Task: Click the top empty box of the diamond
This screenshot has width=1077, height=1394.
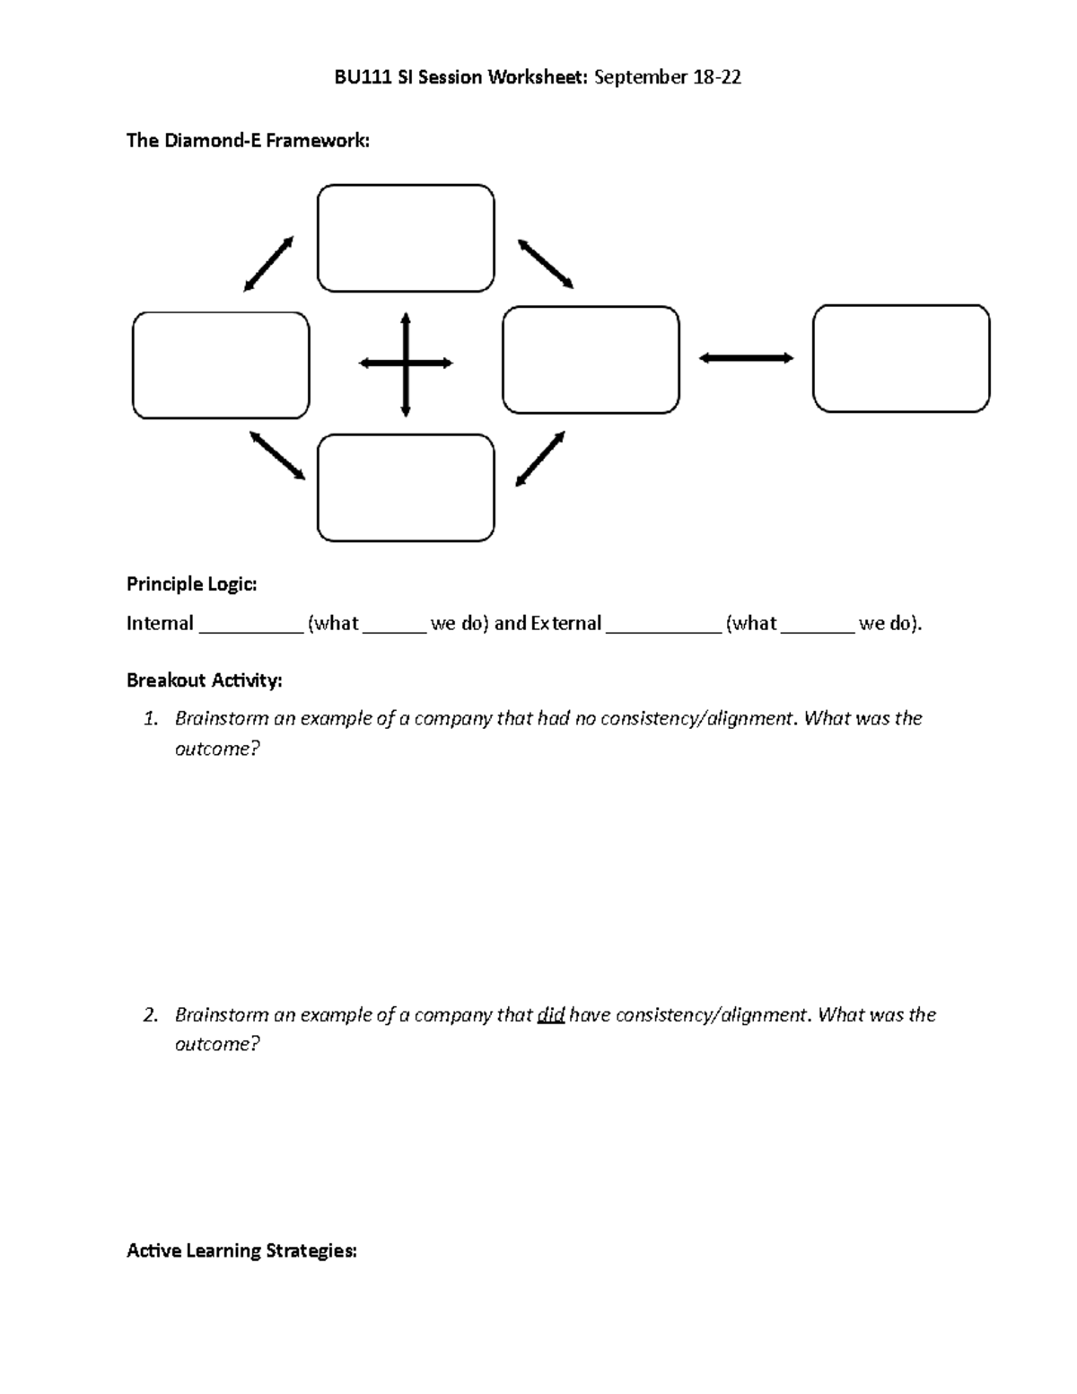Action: tap(406, 238)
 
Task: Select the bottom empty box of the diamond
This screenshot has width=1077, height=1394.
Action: tap(406, 487)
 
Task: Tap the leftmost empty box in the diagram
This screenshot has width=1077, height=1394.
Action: tap(221, 365)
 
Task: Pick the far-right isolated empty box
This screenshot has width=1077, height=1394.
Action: tap(901, 358)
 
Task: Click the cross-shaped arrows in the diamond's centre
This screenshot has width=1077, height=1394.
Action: tap(406, 364)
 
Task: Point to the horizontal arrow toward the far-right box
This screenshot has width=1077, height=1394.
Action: tap(746, 358)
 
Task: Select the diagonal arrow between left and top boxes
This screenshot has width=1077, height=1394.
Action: tap(268, 264)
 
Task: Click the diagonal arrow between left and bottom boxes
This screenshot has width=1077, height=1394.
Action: tap(277, 455)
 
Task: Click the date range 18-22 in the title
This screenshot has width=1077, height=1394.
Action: tap(717, 77)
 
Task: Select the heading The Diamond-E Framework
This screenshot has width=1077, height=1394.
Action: tap(248, 140)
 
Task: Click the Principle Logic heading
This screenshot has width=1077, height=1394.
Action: tap(192, 584)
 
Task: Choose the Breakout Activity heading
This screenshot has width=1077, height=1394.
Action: tap(205, 680)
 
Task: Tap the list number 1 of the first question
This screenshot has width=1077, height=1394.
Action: tap(151, 719)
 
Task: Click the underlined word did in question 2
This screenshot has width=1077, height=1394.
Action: tap(550, 1015)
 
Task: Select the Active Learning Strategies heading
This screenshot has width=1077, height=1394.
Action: tap(241, 1250)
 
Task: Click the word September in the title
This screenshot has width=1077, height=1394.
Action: tap(640, 77)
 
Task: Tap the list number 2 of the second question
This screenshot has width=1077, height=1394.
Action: tap(151, 1015)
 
